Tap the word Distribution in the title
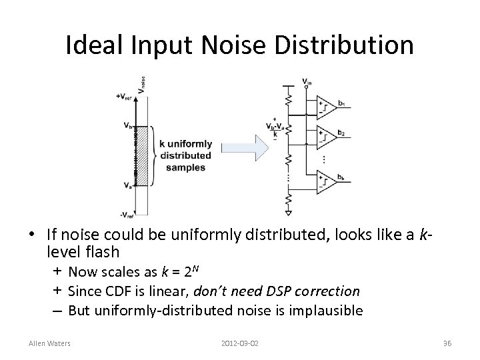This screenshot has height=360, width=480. [x=349, y=45]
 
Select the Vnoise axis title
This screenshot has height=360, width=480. [x=141, y=83]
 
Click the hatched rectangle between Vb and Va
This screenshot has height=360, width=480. [x=141, y=154]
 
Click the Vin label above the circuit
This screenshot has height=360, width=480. [x=305, y=82]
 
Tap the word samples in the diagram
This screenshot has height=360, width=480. [x=185, y=167]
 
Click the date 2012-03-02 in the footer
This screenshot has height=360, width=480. [x=239, y=343]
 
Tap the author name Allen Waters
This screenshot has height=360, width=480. [x=50, y=343]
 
